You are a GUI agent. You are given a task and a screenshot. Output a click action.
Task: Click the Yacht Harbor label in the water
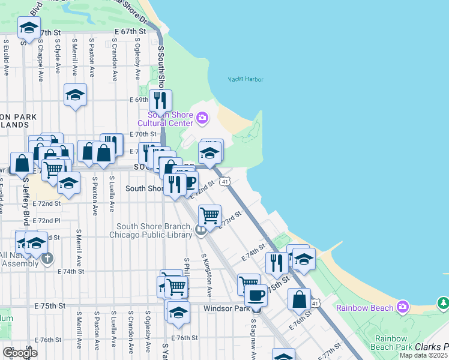tap(246, 79)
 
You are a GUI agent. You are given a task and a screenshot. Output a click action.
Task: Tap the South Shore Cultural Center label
tap(170, 119)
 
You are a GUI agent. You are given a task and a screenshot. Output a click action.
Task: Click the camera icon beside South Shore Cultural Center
tap(202, 117)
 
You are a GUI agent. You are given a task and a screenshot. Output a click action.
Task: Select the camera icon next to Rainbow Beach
tap(402, 307)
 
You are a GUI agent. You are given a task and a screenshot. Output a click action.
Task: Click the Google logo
tap(20, 352)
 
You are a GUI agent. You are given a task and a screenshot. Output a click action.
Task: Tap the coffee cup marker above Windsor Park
tap(256, 295)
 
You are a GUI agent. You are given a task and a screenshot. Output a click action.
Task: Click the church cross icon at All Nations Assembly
tap(48, 259)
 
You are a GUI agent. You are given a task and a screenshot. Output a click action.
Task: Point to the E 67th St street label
tap(130, 31)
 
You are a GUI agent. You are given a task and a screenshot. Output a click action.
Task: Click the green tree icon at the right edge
tap(443, 302)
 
